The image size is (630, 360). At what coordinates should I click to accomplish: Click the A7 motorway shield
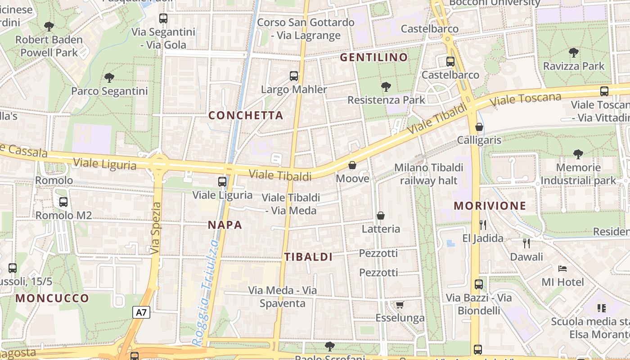[141, 312]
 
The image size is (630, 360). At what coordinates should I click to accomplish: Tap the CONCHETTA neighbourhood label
[246, 116]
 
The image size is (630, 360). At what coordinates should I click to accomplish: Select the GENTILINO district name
[373, 58]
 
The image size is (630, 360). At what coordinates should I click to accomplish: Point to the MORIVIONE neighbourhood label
[490, 206]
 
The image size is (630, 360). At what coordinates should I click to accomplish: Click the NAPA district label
[225, 225]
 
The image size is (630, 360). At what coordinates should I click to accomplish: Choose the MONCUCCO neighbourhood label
[52, 298]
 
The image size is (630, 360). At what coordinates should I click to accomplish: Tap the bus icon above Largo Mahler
[294, 76]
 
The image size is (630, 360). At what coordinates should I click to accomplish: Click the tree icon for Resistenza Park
[386, 86]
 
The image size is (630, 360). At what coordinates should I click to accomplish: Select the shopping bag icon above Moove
[352, 165]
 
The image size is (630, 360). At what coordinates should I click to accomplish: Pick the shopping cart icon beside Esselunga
[400, 305]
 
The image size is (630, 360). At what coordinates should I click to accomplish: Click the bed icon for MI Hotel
[562, 269]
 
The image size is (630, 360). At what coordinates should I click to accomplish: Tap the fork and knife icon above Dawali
[526, 243]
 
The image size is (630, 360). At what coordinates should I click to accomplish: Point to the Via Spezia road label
[156, 228]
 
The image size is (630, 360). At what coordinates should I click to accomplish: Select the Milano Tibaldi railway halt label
[428, 174]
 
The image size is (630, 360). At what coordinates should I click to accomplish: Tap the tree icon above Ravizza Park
[574, 53]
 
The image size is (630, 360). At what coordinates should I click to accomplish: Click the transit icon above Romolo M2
[63, 202]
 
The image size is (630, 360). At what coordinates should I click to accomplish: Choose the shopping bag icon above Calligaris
[479, 127]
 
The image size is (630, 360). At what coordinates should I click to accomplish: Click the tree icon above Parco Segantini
[109, 78]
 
